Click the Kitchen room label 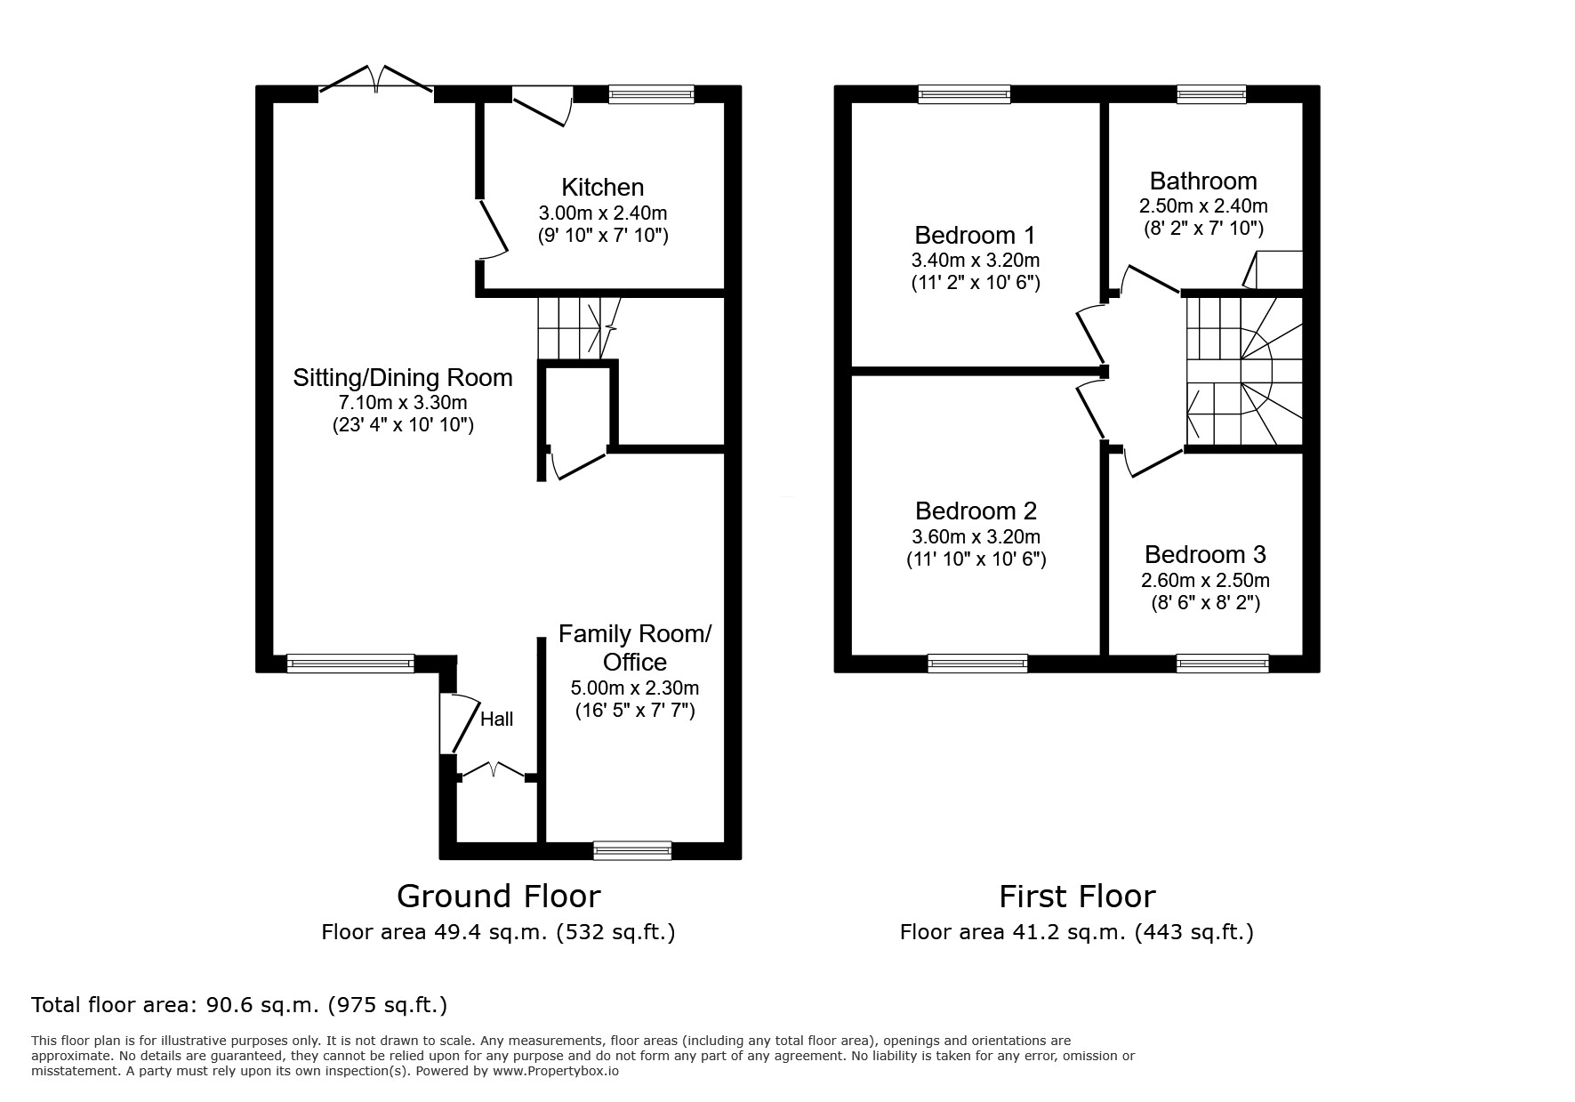point(602,188)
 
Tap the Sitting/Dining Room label point(403,378)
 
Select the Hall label point(496,719)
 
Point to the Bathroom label point(1203,181)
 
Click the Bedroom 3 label point(1205,555)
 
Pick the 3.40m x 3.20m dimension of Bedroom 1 point(976,261)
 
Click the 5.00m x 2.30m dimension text point(635,688)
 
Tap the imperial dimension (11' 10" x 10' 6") point(976,559)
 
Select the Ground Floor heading point(498,896)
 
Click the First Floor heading point(1077,896)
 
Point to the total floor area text point(239,1005)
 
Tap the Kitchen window point(651,93)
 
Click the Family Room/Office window point(632,850)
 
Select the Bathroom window point(1211,93)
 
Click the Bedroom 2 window point(977,664)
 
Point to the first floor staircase point(1244,370)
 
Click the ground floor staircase point(578,328)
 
